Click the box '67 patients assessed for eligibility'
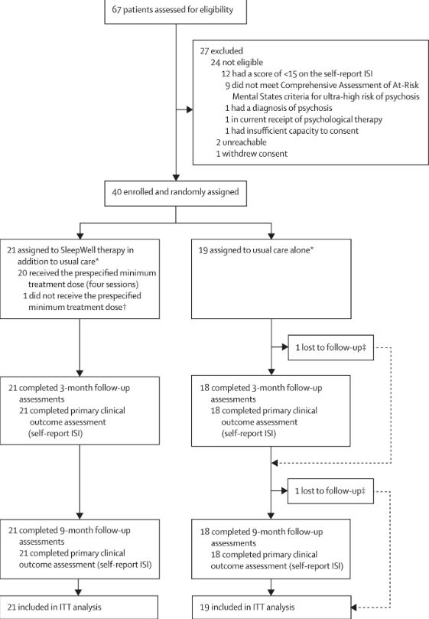[176, 11]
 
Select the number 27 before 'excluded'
[204, 51]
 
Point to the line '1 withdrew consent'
[252, 154]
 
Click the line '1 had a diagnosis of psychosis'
[278, 108]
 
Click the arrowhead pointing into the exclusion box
[190, 109]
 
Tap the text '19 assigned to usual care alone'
[255, 250]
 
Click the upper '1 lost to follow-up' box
[330, 348]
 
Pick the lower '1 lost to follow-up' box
[330, 491]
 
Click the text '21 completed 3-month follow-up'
[69, 388]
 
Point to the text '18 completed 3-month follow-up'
[261, 388]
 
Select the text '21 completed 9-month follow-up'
[69, 530]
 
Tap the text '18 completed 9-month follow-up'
[262, 532]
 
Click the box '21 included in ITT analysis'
[79, 608]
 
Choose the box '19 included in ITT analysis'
[271, 608]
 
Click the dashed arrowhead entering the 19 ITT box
[354, 608]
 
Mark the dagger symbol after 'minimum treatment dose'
[124, 307]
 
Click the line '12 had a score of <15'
[297, 73]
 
